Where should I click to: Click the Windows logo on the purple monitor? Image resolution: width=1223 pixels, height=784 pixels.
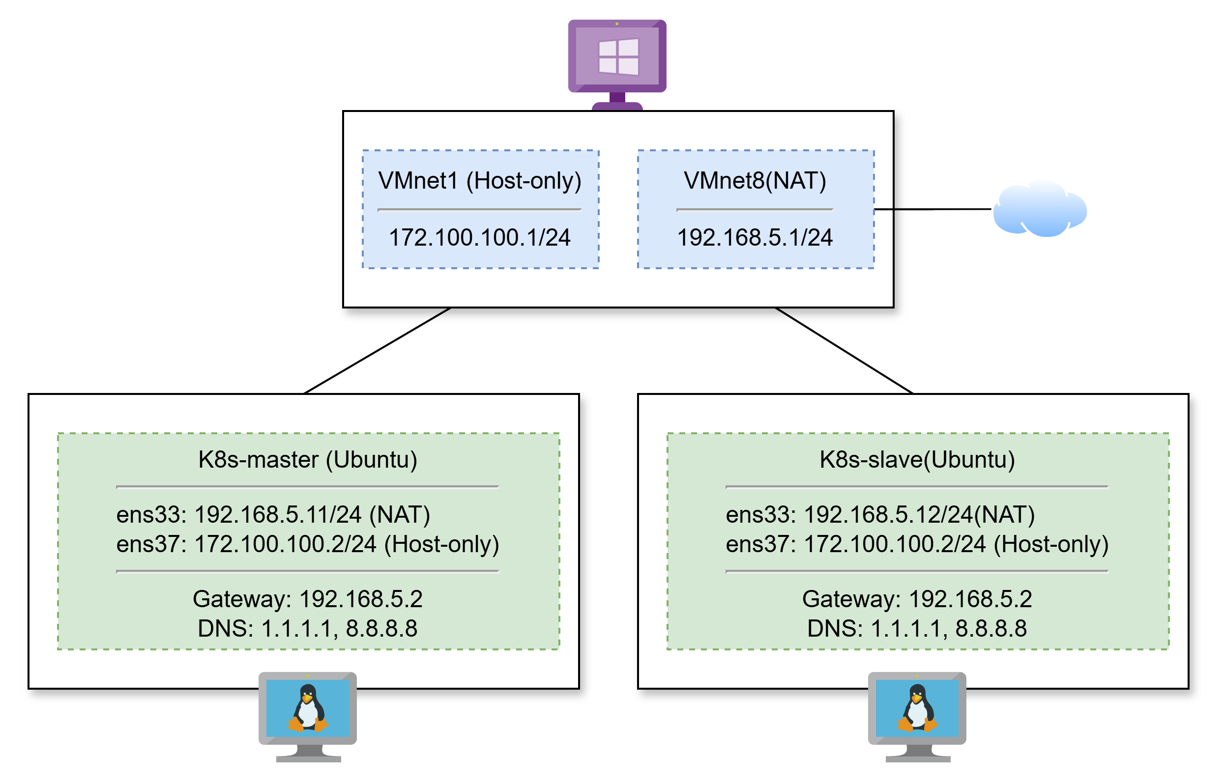click(x=618, y=56)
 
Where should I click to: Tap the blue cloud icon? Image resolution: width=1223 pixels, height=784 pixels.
click(x=1040, y=208)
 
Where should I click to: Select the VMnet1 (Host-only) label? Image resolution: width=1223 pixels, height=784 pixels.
click(x=480, y=181)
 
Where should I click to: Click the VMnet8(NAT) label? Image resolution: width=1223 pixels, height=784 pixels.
click(x=755, y=181)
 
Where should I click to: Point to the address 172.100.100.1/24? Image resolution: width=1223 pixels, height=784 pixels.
click(x=480, y=238)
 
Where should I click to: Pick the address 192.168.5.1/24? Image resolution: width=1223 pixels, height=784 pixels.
click(x=755, y=238)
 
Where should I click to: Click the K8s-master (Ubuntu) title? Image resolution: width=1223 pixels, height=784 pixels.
click(x=308, y=460)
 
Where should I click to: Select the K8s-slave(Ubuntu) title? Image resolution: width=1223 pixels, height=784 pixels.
click(x=917, y=460)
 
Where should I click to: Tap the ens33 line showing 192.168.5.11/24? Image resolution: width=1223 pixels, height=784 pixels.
click(x=273, y=515)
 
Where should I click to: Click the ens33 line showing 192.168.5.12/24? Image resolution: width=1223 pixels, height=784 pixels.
click(x=880, y=515)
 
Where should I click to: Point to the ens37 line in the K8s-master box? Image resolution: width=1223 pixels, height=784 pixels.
click(x=308, y=544)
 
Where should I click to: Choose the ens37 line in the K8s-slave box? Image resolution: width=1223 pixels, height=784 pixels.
click(x=917, y=544)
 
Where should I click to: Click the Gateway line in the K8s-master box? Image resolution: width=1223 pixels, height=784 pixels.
click(x=308, y=599)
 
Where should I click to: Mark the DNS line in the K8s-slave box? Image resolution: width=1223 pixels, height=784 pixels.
click(x=917, y=629)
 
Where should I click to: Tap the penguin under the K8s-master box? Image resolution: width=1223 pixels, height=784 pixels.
click(x=308, y=708)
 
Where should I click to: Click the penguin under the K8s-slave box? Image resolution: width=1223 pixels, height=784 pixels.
click(x=917, y=708)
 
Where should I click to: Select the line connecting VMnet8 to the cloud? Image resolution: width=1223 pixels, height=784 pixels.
click(x=933, y=209)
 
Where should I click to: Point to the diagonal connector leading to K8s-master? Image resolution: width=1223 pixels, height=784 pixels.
click(x=378, y=351)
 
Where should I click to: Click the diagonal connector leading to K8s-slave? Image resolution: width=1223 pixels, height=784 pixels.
click(x=844, y=351)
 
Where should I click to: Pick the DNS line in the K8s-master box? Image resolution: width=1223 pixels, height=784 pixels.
click(x=308, y=629)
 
